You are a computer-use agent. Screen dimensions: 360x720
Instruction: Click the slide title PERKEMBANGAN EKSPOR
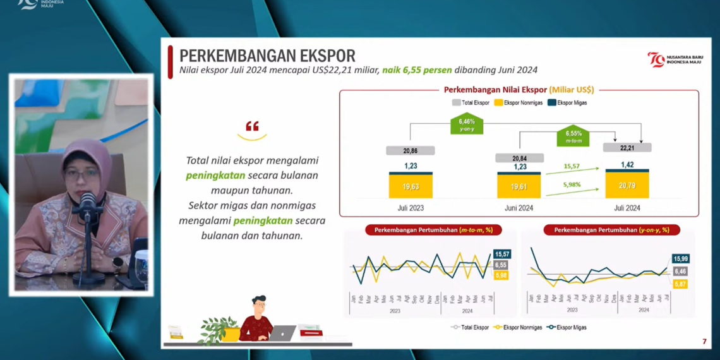(x=267, y=56)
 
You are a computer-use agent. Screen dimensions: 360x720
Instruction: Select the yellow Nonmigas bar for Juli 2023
(x=411, y=187)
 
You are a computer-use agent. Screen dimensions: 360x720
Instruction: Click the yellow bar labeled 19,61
(x=519, y=187)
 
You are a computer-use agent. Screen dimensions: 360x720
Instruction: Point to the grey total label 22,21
(x=627, y=148)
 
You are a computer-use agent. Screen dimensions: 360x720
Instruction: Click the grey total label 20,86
(x=411, y=151)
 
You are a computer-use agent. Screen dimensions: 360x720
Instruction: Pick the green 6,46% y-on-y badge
(x=467, y=124)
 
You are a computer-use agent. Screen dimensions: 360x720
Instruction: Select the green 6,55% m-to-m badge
(x=573, y=136)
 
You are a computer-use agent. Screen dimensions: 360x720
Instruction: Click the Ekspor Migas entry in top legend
(x=568, y=102)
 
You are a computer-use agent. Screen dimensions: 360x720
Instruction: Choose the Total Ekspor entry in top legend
(x=471, y=102)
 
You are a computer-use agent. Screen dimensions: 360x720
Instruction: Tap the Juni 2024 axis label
(x=519, y=208)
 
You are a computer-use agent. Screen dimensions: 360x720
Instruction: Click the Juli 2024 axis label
(x=627, y=208)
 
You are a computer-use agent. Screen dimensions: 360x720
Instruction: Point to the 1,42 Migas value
(x=627, y=165)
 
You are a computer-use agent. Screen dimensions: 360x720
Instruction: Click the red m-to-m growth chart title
(x=433, y=230)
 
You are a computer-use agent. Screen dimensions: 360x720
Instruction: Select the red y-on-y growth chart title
(x=611, y=230)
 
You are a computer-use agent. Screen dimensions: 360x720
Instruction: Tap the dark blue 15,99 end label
(x=680, y=259)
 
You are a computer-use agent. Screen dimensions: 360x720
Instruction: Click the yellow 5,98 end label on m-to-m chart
(x=501, y=275)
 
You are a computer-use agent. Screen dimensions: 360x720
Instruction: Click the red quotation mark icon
(x=252, y=127)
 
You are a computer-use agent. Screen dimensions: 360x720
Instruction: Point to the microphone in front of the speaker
(x=88, y=205)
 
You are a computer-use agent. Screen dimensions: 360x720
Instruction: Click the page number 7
(x=704, y=342)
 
